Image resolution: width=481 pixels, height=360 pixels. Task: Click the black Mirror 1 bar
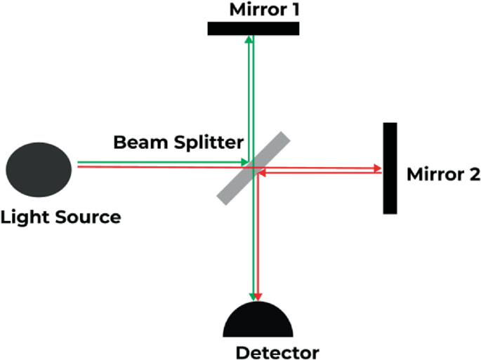[x=253, y=28]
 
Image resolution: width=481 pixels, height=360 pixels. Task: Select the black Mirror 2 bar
[x=390, y=168]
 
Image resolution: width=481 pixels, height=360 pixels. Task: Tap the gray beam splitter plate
[x=252, y=168]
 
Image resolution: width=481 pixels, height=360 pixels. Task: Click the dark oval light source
[x=39, y=169]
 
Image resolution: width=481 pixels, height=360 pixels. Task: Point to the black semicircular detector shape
[x=258, y=322]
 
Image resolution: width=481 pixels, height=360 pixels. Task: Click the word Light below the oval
[x=25, y=217]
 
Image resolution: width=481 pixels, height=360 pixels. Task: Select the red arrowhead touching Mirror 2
[x=377, y=168]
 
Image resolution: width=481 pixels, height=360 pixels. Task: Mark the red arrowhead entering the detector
[x=260, y=296]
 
